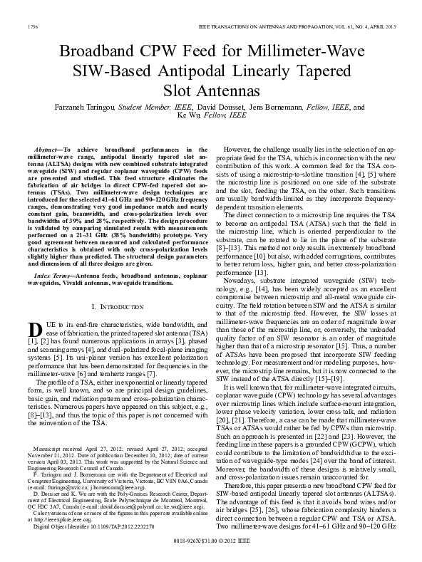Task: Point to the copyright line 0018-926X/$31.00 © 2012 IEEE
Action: (210, 540)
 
